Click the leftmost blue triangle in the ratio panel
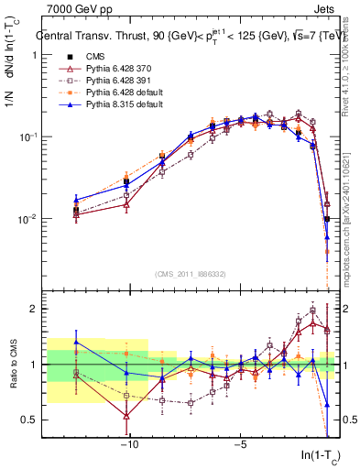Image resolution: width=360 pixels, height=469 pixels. (76, 342)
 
